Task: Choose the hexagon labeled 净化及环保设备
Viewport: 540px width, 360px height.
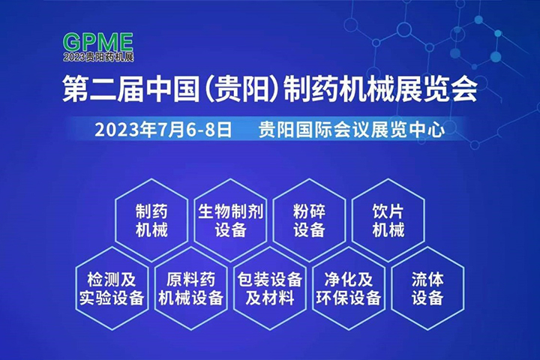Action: point(347,288)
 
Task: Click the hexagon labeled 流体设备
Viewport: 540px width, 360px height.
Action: point(427,288)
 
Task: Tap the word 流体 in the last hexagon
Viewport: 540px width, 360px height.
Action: point(427,279)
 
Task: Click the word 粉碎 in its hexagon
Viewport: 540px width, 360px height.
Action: point(309,211)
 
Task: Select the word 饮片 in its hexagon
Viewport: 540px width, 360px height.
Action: point(388,211)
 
